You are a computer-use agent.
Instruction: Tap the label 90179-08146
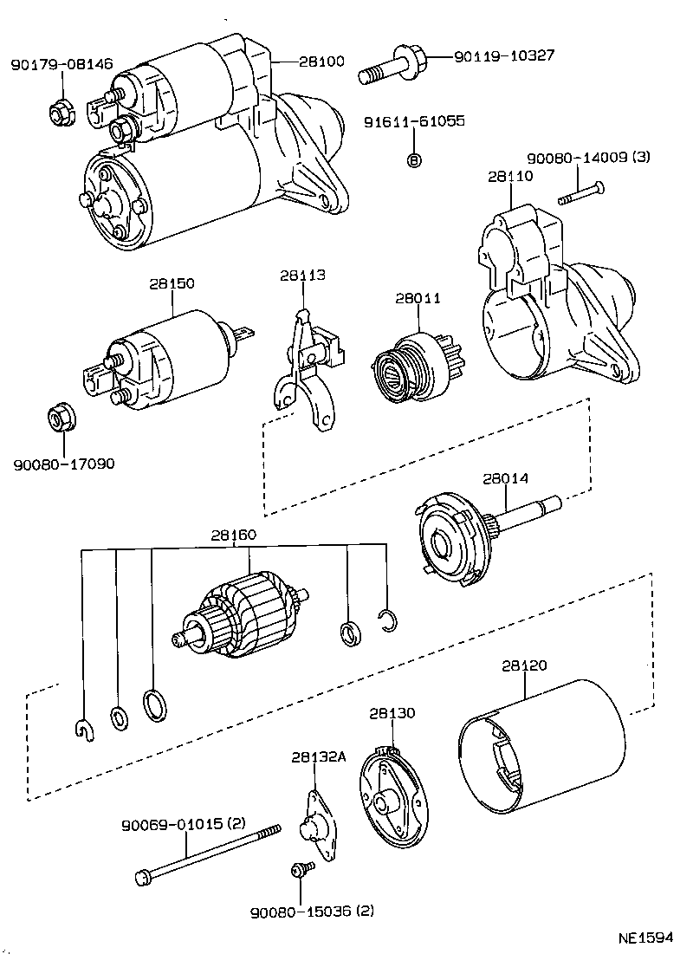pyautogui.click(x=62, y=63)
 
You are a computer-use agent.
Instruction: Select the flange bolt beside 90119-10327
pyautogui.click(x=392, y=66)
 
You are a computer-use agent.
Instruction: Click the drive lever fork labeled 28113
pyautogui.click(x=308, y=370)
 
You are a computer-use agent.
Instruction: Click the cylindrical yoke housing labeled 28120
pyautogui.click(x=542, y=749)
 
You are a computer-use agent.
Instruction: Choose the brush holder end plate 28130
pyautogui.click(x=392, y=798)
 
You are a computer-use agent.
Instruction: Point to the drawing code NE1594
pyautogui.click(x=645, y=938)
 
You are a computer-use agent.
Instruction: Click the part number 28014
pyautogui.click(x=506, y=478)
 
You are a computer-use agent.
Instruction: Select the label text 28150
pyautogui.click(x=172, y=283)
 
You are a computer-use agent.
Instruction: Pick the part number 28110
pyautogui.click(x=510, y=177)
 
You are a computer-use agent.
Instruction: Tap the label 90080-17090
pyautogui.click(x=64, y=464)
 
